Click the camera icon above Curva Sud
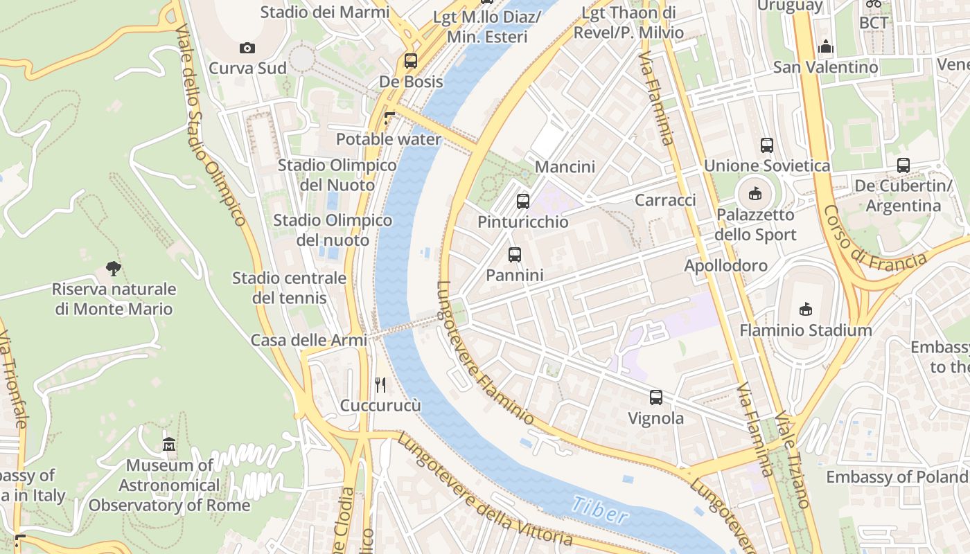coord(247,48)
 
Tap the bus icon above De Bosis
coord(411,61)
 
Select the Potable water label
coord(389,139)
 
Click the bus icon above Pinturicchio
coord(523,202)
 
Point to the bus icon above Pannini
coord(514,255)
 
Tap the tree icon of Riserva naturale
coord(114,269)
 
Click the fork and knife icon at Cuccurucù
coord(380,385)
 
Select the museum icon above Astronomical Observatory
coord(169,445)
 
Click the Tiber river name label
coord(601,510)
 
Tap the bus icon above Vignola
coord(655,397)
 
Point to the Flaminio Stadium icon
coord(805,309)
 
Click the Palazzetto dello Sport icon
coord(755,194)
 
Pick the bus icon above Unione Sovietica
coord(766,145)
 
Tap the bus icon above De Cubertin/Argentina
coord(903,166)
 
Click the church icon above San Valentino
coord(825,47)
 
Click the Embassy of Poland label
coord(897,476)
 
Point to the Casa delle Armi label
coord(308,340)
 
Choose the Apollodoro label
coord(725,265)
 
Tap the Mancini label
coord(565,167)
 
